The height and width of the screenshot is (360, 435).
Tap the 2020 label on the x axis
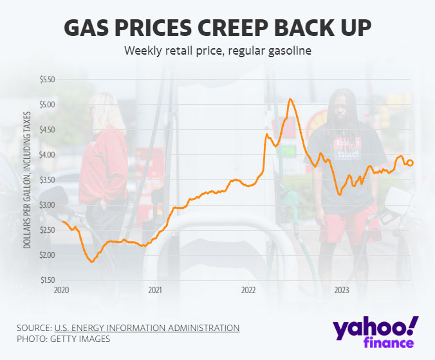point(61,291)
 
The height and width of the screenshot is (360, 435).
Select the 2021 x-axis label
point(155,291)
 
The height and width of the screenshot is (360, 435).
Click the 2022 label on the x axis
point(248,291)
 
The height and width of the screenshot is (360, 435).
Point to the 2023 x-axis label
point(342,291)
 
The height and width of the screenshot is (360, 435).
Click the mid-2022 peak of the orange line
point(291,99)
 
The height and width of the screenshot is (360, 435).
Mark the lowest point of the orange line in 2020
point(92,262)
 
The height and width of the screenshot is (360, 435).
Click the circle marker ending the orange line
point(410,163)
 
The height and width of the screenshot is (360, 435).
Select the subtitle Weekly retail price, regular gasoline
point(217,51)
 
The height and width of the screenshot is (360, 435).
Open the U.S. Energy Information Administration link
point(147,328)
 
